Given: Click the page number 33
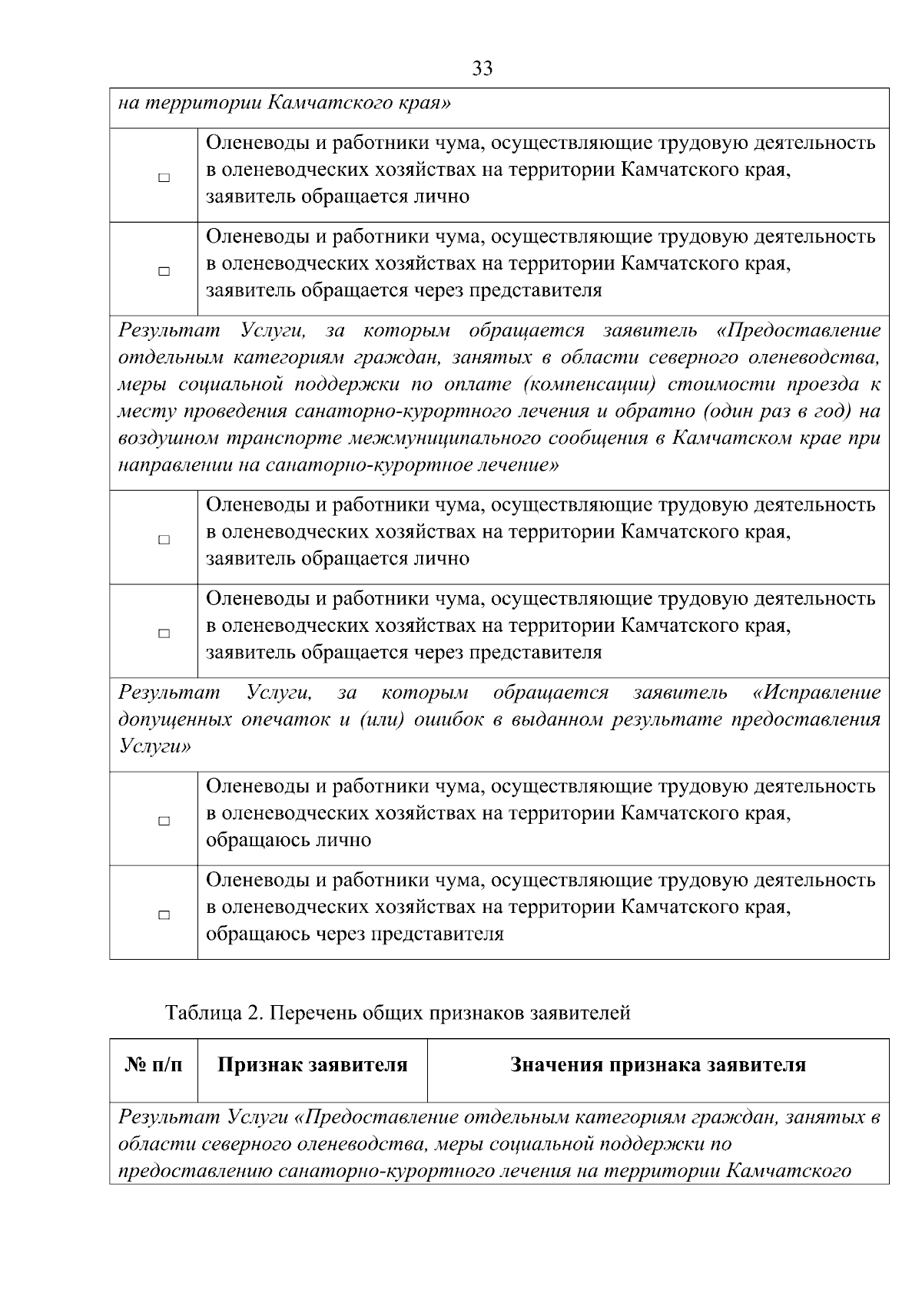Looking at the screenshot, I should pos(483,68).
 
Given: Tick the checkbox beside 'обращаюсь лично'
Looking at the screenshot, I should pos(164,821).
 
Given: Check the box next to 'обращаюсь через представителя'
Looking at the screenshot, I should pos(164,915).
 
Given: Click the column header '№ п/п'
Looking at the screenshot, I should pos(154,1065).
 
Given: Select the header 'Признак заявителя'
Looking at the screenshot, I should pos(312,1065).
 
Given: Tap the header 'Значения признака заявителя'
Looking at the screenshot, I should pos(658,1065).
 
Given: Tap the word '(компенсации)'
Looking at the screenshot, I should pos(587,384).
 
